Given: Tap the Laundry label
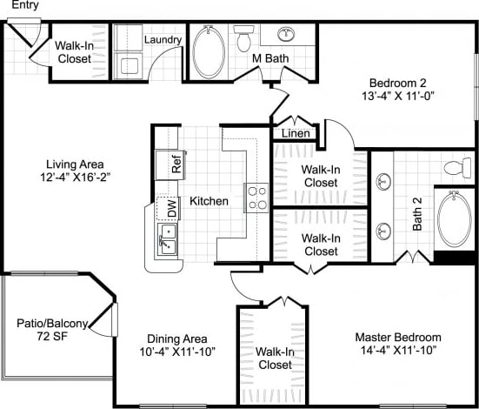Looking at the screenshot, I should [x=163, y=40].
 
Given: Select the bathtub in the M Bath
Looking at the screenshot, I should [x=208, y=53].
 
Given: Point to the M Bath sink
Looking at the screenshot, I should [x=286, y=36].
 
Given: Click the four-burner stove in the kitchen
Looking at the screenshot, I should [x=256, y=198].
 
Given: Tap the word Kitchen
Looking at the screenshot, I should [x=210, y=201].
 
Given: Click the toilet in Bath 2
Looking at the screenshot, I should [x=456, y=167].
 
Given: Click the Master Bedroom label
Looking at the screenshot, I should [x=398, y=338].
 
